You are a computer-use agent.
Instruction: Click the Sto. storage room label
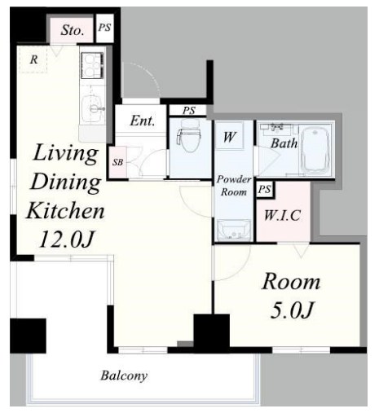(x=72, y=30)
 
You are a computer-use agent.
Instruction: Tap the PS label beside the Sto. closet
(x=104, y=28)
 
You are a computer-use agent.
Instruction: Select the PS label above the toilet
(x=189, y=111)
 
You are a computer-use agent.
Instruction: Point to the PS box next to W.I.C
(x=265, y=189)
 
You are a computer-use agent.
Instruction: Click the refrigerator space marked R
(x=33, y=59)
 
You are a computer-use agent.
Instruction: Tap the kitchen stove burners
(x=92, y=66)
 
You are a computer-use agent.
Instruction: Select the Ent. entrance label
(x=143, y=121)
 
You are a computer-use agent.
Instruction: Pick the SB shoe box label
(x=117, y=162)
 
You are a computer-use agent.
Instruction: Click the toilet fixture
(x=189, y=136)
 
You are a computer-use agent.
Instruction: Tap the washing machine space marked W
(x=229, y=136)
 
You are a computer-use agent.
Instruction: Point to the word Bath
(x=284, y=143)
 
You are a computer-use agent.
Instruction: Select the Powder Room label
(x=234, y=186)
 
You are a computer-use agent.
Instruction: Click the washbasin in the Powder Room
(x=234, y=231)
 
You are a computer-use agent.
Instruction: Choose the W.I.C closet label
(x=282, y=216)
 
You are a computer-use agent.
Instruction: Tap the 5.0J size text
(x=292, y=310)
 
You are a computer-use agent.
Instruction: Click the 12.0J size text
(x=67, y=239)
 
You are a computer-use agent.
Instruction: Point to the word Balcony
(x=124, y=376)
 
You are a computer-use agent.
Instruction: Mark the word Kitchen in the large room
(x=65, y=211)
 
